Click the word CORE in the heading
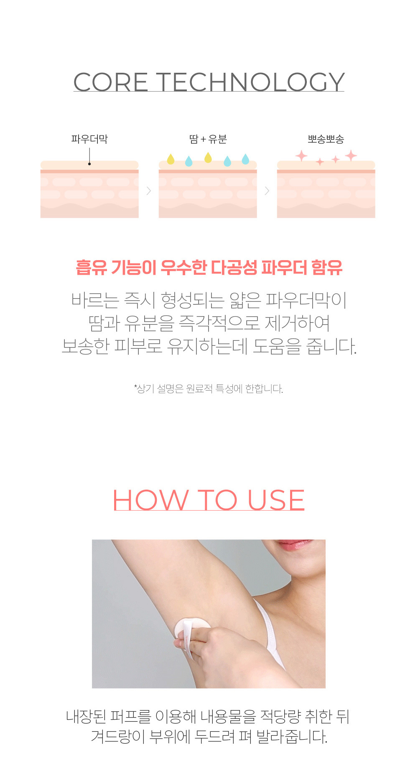pyautogui.click(x=111, y=82)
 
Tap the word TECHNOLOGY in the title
pyautogui.click(x=251, y=82)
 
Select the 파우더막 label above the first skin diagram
pyautogui.click(x=89, y=139)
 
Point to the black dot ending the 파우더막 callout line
pyautogui.click(x=89, y=164)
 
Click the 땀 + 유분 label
pyautogui.click(x=208, y=139)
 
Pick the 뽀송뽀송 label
pyautogui.click(x=326, y=139)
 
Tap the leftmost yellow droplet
pyautogui.click(x=171, y=159)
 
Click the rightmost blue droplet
pyautogui.click(x=245, y=159)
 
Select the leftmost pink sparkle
pyautogui.click(x=301, y=156)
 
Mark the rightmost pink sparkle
pyautogui.click(x=351, y=156)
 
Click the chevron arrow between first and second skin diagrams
pyautogui.click(x=148, y=191)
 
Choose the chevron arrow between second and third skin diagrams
pyautogui.click(x=267, y=191)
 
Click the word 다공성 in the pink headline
pyautogui.click(x=234, y=268)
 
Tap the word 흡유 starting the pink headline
pyautogui.click(x=91, y=268)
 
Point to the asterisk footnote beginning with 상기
pyautogui.click(x=209, y=389)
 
